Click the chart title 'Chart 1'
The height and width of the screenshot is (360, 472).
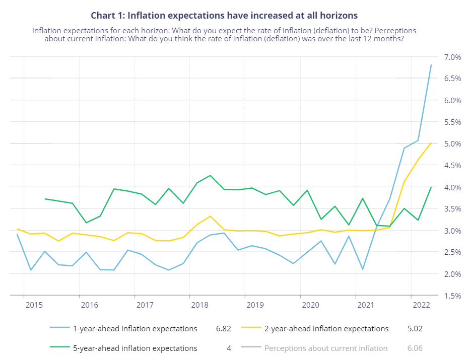[x=224, y=16]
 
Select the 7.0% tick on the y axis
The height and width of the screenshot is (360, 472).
[x=452, y=57]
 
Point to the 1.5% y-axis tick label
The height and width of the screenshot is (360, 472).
[x=452, y=296]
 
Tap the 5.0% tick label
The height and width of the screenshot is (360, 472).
[x=452, y=144]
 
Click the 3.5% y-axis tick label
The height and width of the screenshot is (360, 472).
[x=452, y=209]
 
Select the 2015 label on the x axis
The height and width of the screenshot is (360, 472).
[x=34, y=305]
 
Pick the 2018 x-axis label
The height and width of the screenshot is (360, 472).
[x=200, y=305]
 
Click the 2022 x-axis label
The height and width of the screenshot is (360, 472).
[x=421, y=305]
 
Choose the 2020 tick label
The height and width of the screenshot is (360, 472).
[x=310, y=305]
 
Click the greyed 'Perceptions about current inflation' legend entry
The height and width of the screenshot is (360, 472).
[x=326, y=348]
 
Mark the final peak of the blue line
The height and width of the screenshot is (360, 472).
[x=431, y=64]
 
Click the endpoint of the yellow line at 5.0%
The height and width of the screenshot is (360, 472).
[x=431, y=143]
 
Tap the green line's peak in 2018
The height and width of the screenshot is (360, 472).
[x=210, y=175]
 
